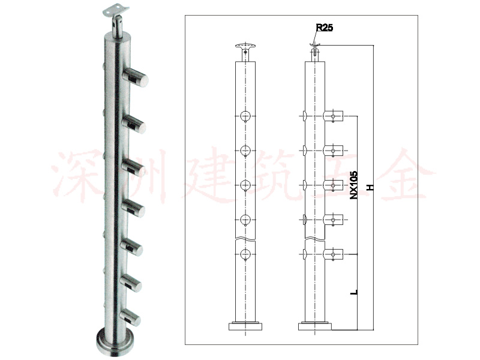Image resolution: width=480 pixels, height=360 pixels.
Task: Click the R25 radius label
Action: click(x=324, y=28)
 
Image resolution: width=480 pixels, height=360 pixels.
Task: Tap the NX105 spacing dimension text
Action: click(x=353, y=185)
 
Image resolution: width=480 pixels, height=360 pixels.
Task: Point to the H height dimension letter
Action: click(x=370, y=187)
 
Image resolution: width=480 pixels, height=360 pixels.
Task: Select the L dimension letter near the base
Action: click(x=354, y=292)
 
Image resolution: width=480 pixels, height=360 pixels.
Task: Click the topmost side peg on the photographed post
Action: click(x=136, y=77)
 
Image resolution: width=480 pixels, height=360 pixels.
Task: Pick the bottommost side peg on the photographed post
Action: click(x=131, y=317)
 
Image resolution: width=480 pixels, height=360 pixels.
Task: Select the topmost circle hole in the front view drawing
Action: click(x=245, y=116)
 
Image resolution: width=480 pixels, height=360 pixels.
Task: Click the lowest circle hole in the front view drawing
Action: click(x=245, y=254)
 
